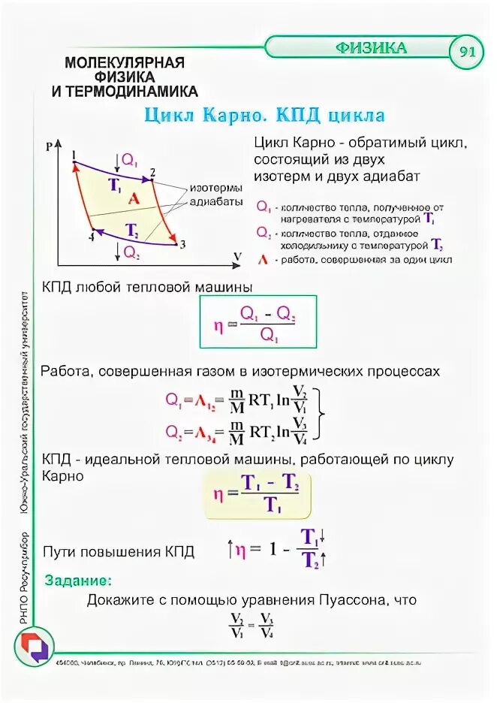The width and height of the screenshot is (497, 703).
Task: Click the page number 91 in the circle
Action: coord(467,52)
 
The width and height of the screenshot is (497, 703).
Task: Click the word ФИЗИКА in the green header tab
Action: coord(371,48)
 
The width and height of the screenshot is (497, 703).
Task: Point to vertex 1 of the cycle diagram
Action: coord(74,155)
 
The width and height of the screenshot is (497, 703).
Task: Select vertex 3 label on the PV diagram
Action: coord(182,245)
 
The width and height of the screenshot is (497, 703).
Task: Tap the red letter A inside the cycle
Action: coord(134,199)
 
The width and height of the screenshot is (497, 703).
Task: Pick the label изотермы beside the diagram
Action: coord(215,188)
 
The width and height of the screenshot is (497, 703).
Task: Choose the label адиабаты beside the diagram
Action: coord(215,202)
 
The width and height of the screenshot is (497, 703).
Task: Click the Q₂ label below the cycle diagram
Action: coord(131,254)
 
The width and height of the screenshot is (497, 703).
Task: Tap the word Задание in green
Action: coord(79,581)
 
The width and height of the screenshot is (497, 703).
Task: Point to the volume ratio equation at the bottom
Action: coord(252,625)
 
